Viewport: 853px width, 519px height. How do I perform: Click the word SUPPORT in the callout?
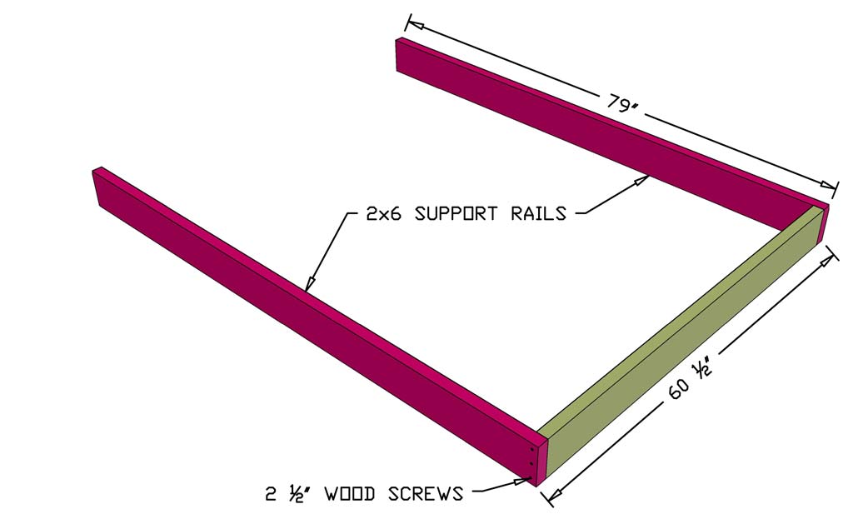coord(460,213)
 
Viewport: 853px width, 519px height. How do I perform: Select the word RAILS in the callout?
coord(538,213)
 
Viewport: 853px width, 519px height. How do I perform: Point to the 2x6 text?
coord(386,213)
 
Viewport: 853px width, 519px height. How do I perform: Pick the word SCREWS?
coord(425,494)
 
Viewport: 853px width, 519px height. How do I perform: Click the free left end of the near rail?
coord(98,187)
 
